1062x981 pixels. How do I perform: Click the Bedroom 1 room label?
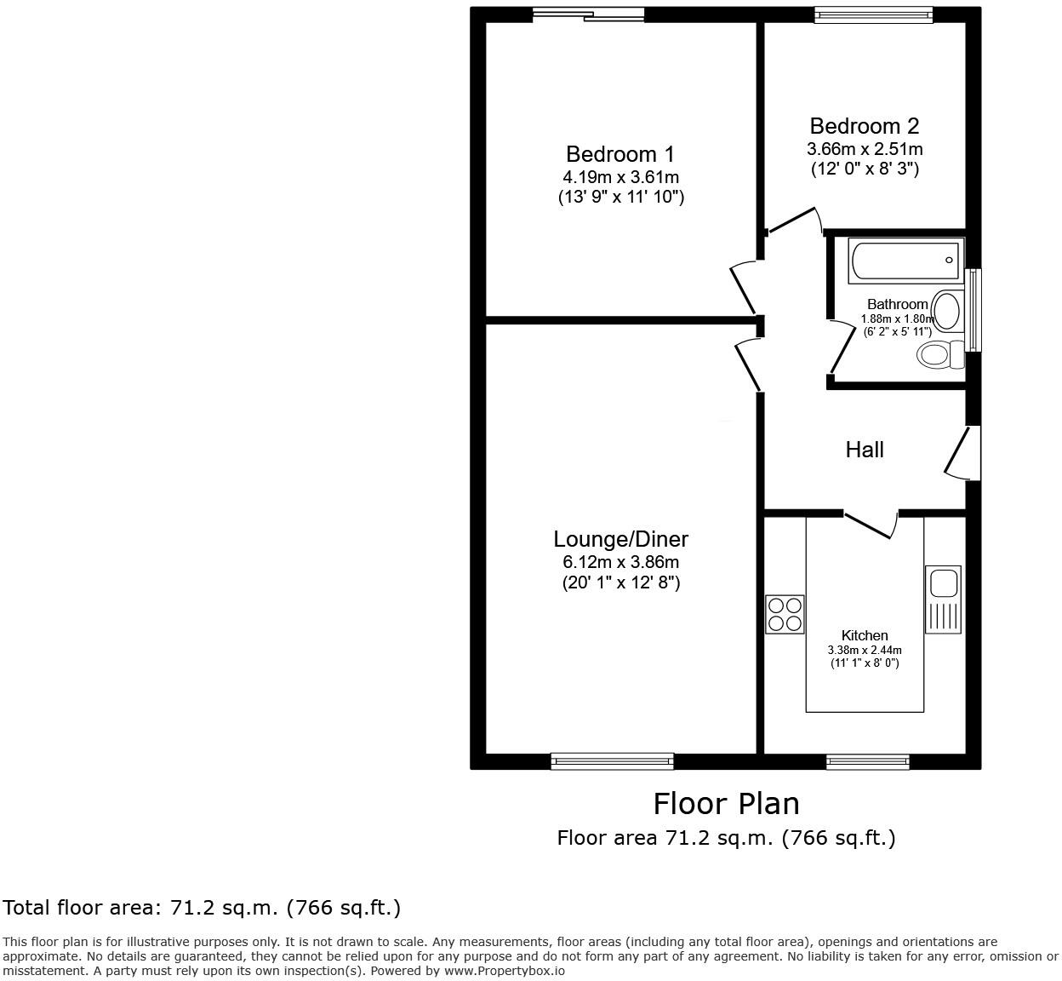point(619,154)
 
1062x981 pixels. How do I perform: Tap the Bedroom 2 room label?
point(864,126)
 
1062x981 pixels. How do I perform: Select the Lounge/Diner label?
point(620,539)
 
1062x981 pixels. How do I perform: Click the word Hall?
point(864,450)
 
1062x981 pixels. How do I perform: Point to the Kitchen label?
point(865,635)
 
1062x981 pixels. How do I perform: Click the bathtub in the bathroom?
point(905,261)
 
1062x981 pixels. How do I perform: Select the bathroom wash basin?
point(948,310)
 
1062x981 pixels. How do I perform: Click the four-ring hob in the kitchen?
point(785,614)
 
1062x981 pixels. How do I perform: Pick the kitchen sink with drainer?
point(943,599)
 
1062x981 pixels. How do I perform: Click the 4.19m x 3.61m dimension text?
point(620,177)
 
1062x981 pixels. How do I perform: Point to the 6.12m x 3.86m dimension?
point(620,562)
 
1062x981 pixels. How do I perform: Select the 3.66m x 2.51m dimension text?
point(865,149)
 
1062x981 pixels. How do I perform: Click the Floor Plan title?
point(726,803)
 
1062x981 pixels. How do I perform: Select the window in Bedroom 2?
point(873,14)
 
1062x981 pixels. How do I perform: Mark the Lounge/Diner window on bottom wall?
point(612,760)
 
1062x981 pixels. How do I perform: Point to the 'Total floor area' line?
point(202,908)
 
